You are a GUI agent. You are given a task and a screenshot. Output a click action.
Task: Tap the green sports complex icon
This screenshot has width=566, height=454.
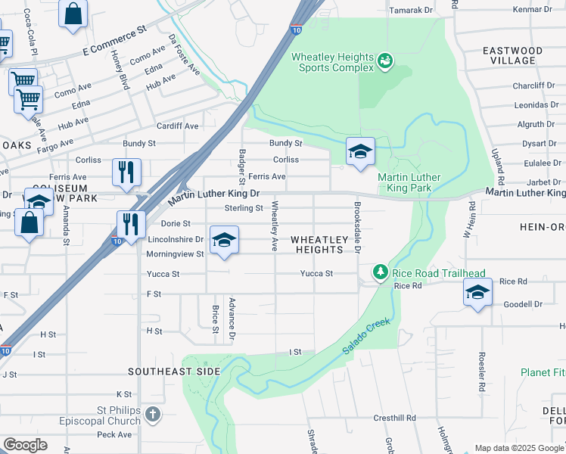pyautogui.click(x=385, y=60)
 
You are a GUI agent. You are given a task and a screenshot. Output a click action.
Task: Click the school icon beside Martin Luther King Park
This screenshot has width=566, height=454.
pyautogui.click(x=361, y=152)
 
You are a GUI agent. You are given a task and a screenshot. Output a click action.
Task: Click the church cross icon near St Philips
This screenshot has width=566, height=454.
pyautogui.click(x=153, y=414)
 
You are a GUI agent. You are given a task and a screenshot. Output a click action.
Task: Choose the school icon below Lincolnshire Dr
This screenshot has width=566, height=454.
pyautogui.click(x=224, y=241)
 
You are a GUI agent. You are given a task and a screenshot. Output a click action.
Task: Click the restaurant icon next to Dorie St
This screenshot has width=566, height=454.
pyautogui.click(x=132, y=225)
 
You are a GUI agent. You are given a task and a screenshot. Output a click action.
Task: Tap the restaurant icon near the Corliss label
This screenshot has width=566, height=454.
pyautogui.click(x=126, y=173)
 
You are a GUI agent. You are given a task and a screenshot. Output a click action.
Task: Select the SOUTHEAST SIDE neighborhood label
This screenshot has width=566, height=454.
pyautogui.click(x=174, y=372)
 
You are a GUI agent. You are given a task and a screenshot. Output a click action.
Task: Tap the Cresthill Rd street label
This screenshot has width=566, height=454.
pyautogui.click(x=395, y=418)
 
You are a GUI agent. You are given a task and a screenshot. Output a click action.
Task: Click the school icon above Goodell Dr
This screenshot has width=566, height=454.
pyautogui.click(x=477, y=292)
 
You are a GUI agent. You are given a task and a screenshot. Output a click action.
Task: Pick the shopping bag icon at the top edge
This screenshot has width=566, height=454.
pyautogui.click(x=73, y=14)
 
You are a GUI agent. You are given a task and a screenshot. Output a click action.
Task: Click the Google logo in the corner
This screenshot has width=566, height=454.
pyautogui.click(x=25, y=444)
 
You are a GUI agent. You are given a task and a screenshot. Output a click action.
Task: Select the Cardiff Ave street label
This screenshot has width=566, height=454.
pyautogui.click(x=177, y=126)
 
